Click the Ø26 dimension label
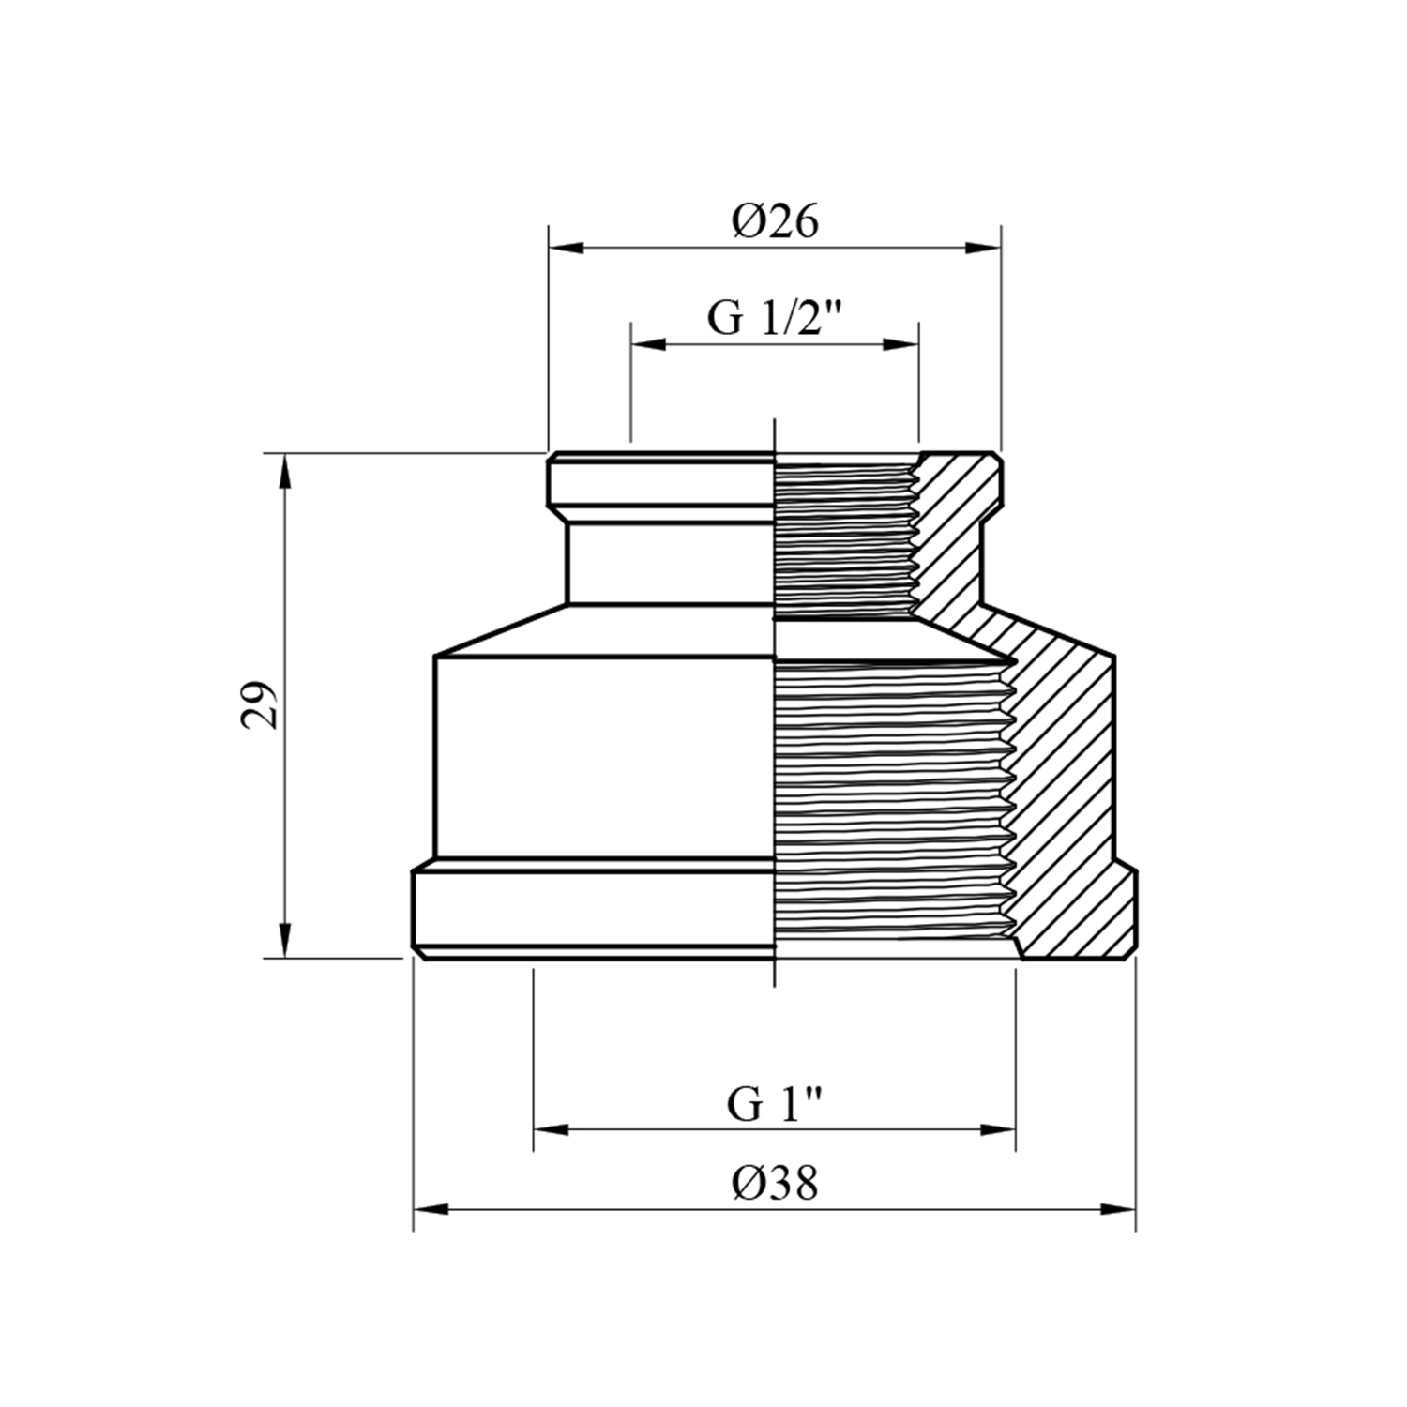click(x=776, y=221)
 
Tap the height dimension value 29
click(x=260, y=704)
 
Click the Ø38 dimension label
click(x=776, y=1183)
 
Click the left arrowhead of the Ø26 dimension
click(x=567, y=248)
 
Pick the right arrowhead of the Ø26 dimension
click(x=983, y=248)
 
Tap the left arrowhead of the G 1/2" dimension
click(x=649, y=344)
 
